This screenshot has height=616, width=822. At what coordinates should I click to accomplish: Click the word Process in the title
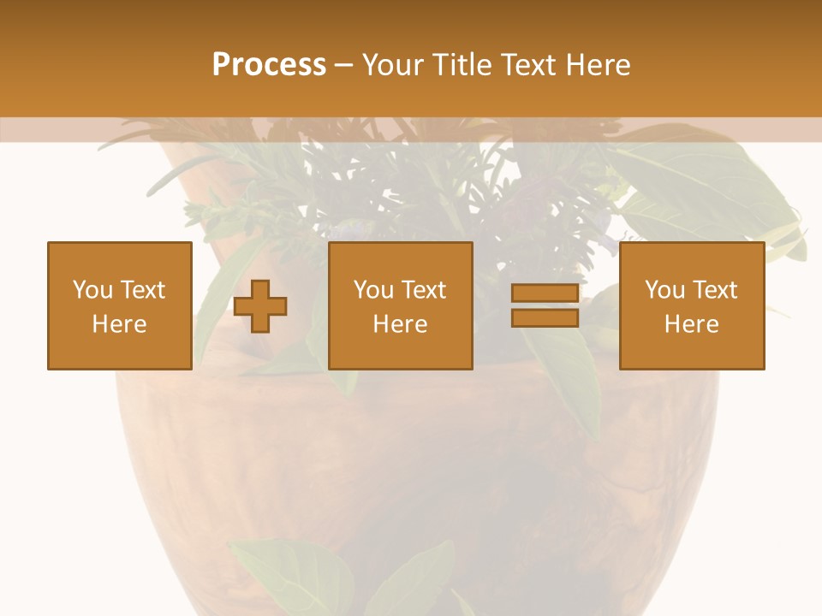pyautogui.click(x=269, y=65)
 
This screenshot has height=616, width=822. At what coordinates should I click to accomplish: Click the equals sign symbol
pyautogui.click(x=545, y=305)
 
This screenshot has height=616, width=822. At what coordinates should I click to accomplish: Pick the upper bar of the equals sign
pyautogui.click(x=545, y=293)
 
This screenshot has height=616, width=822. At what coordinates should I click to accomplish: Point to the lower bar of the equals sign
pyautogui.click(x=545, y=318)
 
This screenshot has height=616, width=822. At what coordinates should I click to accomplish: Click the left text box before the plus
pyautogui.click(x=119, y=305)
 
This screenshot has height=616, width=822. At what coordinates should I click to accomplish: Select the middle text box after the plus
pyautogui.click(x=400, y=305)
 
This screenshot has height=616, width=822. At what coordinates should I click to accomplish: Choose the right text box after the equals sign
pyautogui.click(x=691, y=305)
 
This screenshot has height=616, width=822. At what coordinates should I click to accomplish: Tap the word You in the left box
pyautogui.click(x=92, y=290)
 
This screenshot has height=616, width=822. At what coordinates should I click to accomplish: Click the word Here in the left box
pyautogui.click(x=119, y=324)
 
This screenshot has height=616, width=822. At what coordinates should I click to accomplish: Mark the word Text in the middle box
pyautogui.click(x=423, y=290)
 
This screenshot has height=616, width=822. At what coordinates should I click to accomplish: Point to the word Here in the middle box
pyautogui.click(x=400, y=324)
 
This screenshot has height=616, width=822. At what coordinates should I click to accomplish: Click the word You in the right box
pyautogui.click(x=664, y=290)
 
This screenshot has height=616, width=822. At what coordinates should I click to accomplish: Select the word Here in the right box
pyautogui.click(x=691, y=324)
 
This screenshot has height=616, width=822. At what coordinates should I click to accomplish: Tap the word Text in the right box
pyautogui.click(x=714, y=290)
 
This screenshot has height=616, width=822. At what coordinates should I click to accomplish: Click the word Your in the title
pyautogui.click(x=394, y=65)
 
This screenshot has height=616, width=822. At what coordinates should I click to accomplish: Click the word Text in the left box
pyautogui.click(x=142, y=290)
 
